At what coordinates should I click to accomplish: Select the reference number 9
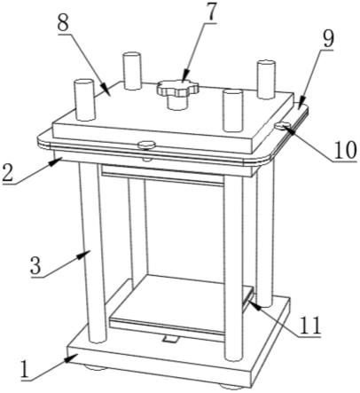(x=327, y=38)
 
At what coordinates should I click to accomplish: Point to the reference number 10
(x=343, y=150)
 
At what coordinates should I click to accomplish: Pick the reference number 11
(x=309, y=326)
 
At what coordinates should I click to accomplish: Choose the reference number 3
(x=36, y=265)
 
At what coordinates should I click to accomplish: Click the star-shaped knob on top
(x=177, y=88)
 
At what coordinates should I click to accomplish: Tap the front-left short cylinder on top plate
(x=84, y=100)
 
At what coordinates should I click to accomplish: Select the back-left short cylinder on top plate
(x=132, y=71)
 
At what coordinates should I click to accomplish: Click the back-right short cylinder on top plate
(x=266, y=79)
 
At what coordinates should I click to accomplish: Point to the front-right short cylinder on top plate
(x=233, y=110)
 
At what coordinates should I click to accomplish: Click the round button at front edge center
(x=146, y=145)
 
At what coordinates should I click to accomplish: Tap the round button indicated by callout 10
(x=282, y=125)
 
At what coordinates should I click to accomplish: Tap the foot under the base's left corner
(x=94, y=368)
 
